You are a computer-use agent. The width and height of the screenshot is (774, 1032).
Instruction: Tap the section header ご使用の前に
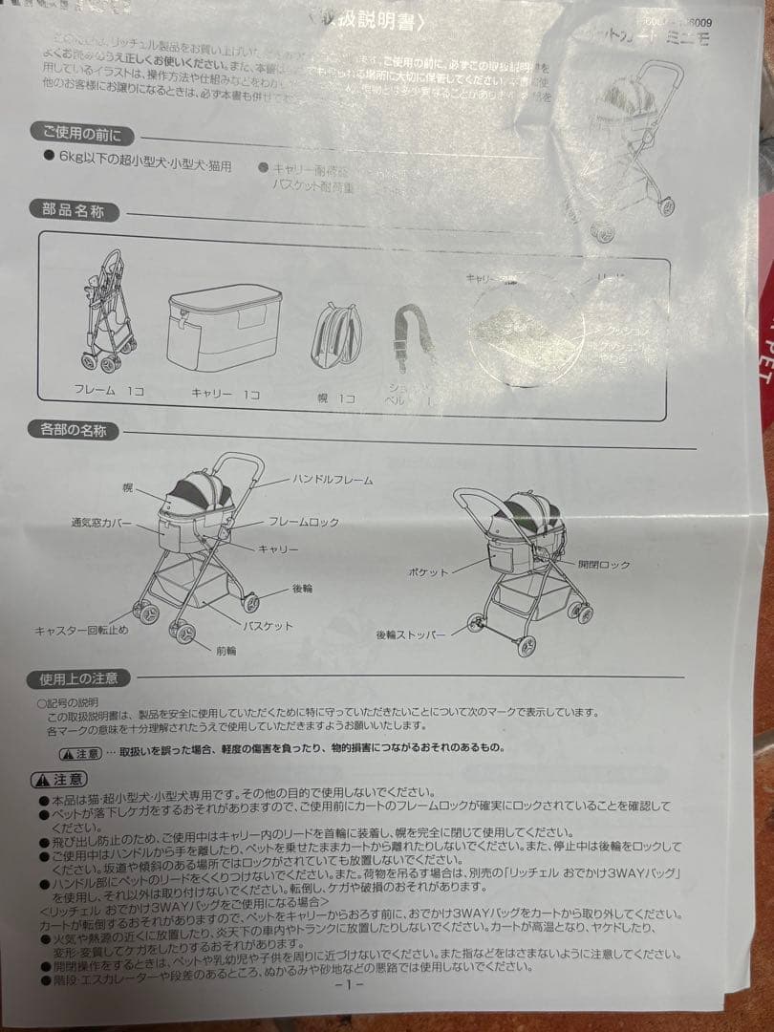click(80, 134)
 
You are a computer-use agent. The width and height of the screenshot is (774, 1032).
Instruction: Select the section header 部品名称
click(73, 210)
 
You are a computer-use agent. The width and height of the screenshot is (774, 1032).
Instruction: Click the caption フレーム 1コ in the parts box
click(108, 391)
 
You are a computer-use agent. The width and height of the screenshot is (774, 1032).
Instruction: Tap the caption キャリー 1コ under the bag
click(225, 394)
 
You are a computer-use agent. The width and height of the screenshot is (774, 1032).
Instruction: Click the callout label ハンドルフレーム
click(333, 480)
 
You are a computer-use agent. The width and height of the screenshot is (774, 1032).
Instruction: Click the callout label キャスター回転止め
click(81, 631)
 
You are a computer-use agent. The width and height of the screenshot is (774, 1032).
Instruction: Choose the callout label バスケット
click(268, 626)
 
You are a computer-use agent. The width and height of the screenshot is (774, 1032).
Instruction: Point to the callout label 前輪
click(226, 651)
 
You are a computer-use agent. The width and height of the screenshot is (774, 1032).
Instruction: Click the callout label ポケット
click(428, 572)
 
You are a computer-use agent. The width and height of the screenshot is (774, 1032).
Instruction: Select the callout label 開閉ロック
click(604, 565)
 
